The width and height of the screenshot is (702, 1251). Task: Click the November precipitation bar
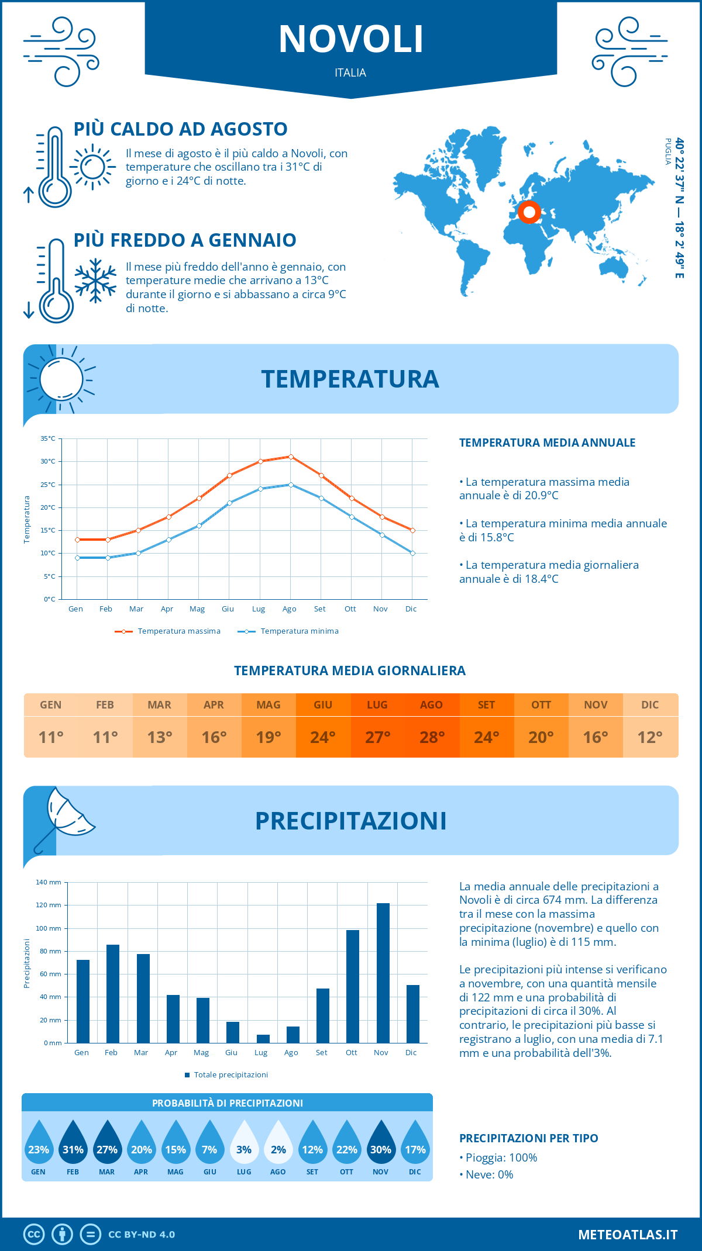(383, 973)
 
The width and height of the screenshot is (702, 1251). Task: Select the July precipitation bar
(263, 1039)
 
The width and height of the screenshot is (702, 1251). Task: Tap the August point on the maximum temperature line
(291, 457)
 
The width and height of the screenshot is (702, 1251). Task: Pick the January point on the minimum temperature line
(77, 558)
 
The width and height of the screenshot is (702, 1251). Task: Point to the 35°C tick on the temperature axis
(48, 438)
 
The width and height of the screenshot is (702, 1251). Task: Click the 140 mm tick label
(49, 882)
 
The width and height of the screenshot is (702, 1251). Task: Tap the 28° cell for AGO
(432, 737)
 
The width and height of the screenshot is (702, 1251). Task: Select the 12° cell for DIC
(650, 737)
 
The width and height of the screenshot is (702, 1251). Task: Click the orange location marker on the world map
(529, 212)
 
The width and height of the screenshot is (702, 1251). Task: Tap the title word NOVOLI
(351, 40)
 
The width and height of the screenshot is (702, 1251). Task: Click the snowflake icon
(95, 281)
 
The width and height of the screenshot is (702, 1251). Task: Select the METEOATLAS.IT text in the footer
(628, 1234)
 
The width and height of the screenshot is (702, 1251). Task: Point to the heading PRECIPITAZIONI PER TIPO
(528, 1138)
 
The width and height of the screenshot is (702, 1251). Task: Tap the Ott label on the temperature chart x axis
(350, 609)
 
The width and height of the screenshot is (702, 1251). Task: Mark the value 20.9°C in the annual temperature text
(541, 496)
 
